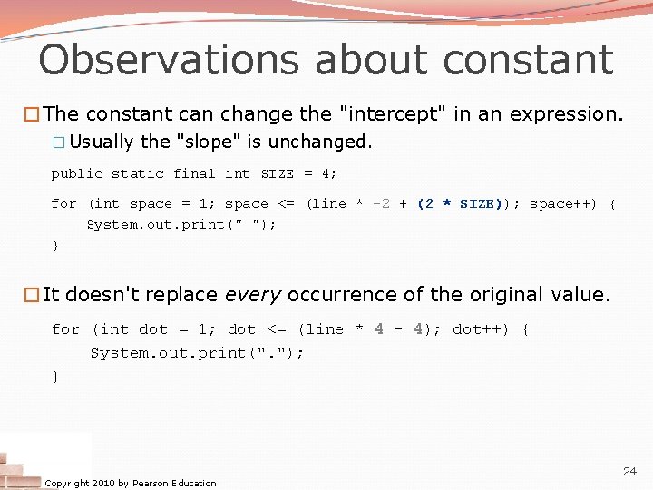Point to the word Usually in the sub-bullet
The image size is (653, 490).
[102, 142]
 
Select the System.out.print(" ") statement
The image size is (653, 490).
[181, 224]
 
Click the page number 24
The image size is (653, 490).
[629, 472]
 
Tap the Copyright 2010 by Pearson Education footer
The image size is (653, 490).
[131, 483]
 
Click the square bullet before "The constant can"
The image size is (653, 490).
[34, 114]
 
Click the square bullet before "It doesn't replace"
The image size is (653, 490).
[34, 295]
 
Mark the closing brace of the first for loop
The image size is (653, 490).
[55, 246]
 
